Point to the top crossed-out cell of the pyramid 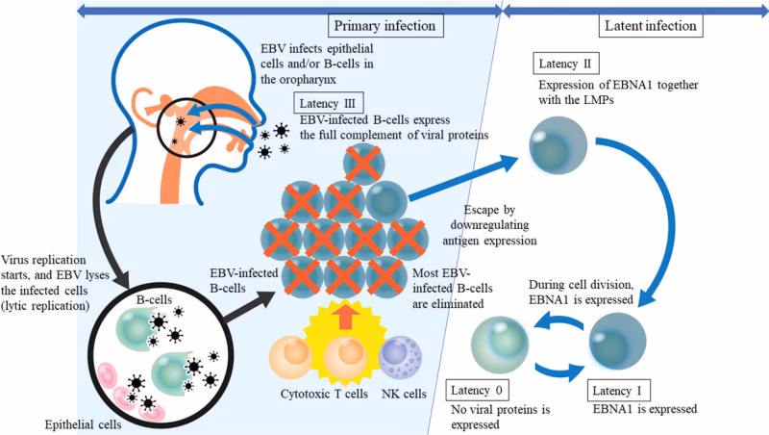pos(361,166)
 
